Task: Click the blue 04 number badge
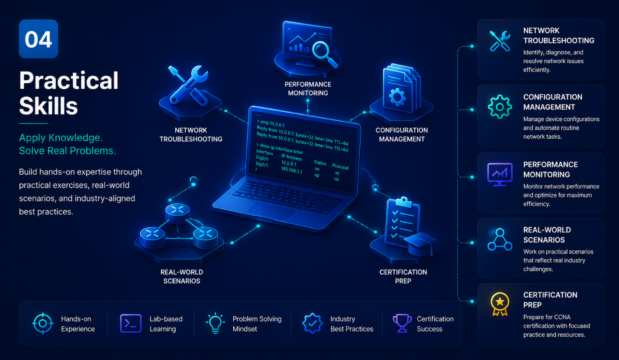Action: click(39, 39)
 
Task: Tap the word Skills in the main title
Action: click(48, 106)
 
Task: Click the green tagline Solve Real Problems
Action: click(68, 151)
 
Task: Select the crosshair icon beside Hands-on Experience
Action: click(42, 323)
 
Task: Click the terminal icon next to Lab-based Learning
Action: click(131, 323)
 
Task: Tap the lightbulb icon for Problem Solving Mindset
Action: click(215, 323)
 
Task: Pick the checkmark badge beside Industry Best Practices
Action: click(312, 323)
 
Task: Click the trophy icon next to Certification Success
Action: click(402, 323)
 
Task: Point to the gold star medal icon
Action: click(500, 304)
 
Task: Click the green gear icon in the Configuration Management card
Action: click(500, 107)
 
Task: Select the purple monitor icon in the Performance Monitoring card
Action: click(500, 175)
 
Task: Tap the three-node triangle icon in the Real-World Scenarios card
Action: click(500, 240)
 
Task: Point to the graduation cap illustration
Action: click(419, 243)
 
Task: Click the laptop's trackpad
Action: click(271, 211)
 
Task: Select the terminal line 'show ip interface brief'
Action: click(279, 149)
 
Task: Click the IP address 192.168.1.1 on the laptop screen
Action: click(292, 170)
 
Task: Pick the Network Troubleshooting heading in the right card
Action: click(558, 36)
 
